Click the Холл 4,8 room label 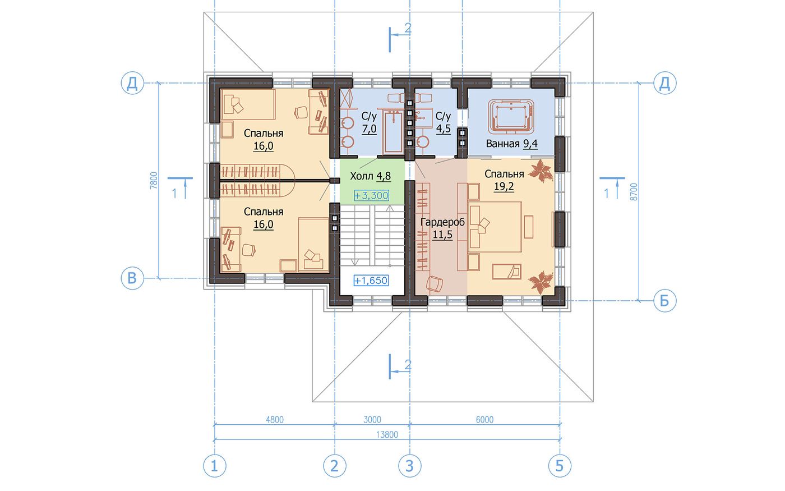[370, 176]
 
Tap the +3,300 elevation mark [371, 195]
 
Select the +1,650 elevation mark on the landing [371, 281]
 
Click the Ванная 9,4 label [511, 144]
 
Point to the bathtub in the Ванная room [511, 117]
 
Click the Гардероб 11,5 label [442, 228]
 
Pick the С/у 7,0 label [369, 122]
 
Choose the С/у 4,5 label [444, 122]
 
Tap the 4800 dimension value [275, 420]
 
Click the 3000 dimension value [372, 420]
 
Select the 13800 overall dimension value [387, 435]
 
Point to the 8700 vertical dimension [634, 192]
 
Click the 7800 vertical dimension [154, 181]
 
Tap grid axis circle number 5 [560, 466]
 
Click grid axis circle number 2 [335, 466]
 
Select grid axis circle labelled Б [665, 301]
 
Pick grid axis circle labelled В [132, 278]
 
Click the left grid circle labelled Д [132, 84]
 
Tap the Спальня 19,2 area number [504, 186]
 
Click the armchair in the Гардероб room [434, 283]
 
